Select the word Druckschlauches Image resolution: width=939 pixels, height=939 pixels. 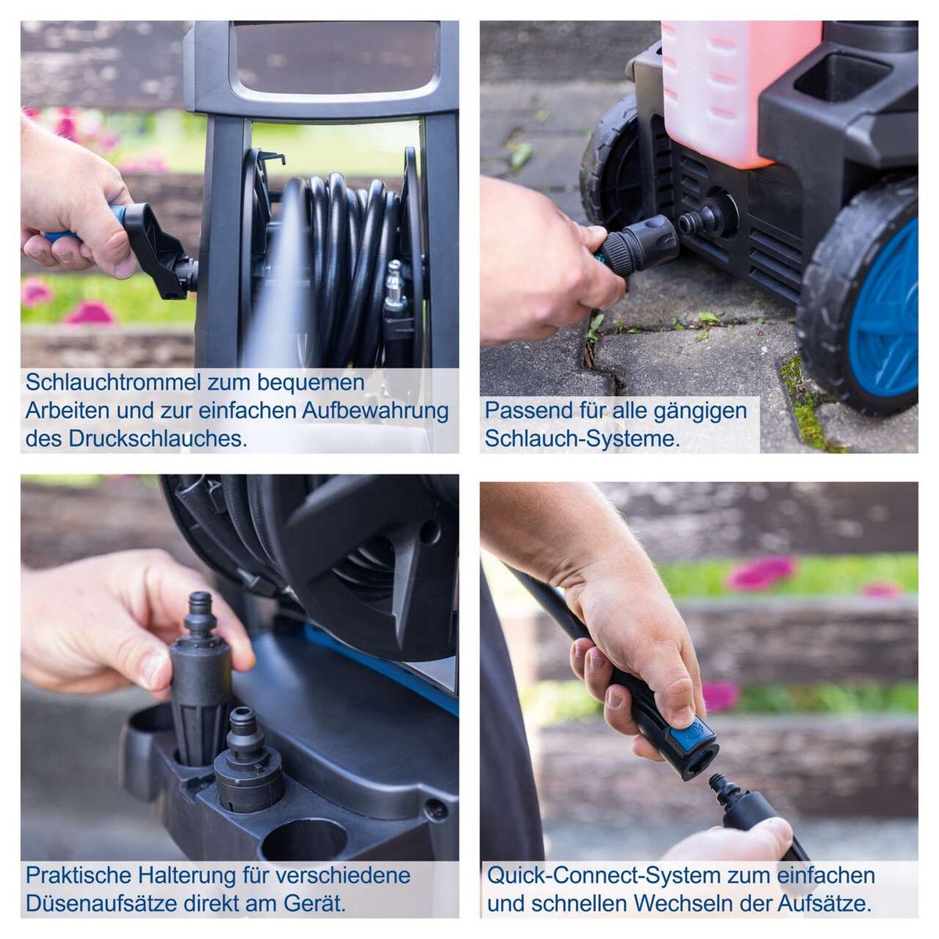(x=157, y=439)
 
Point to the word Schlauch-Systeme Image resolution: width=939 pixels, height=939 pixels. (x=581, y=439)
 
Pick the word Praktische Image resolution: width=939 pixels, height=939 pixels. (x=77, y=875)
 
